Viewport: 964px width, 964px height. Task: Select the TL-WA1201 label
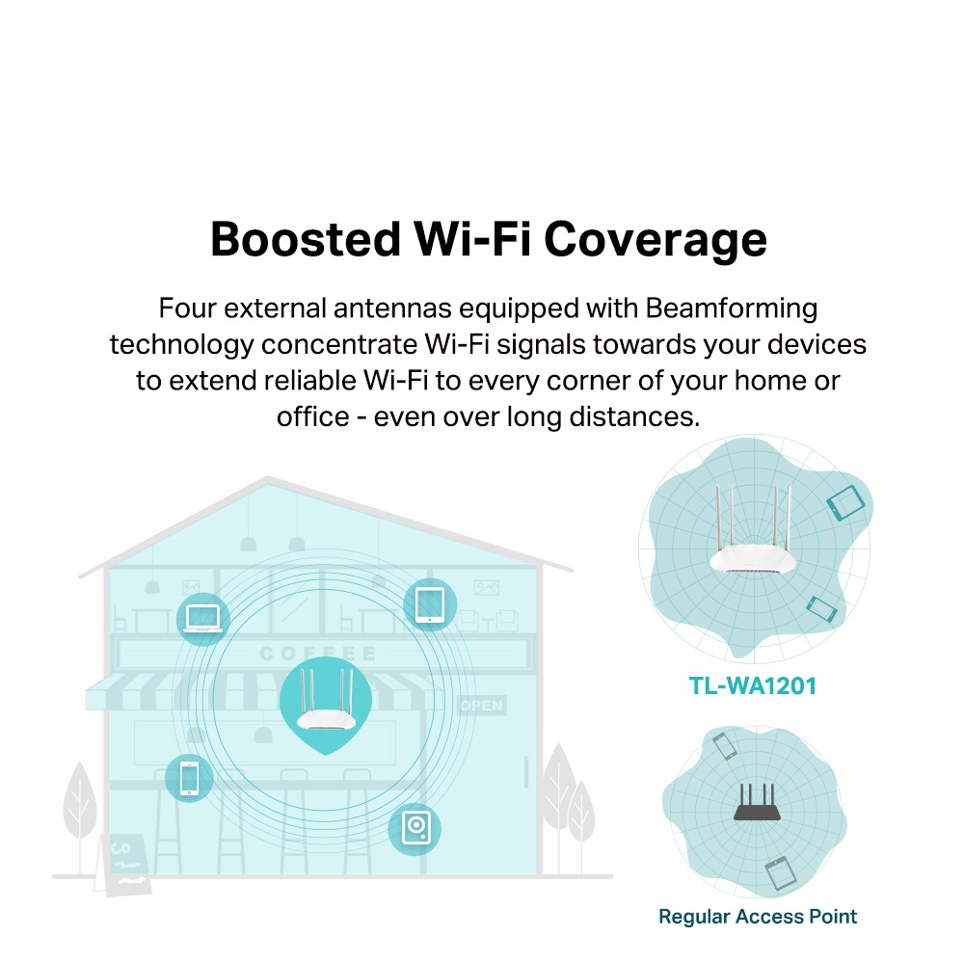[x=753, y=686]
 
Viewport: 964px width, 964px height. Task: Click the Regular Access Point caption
[x=758, y=916]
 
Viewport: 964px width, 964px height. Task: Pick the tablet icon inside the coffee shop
[x=428, y=603]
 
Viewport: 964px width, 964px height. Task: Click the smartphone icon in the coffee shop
[x=189, y=776]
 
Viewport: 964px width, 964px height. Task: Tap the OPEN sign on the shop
[x=481, y=707]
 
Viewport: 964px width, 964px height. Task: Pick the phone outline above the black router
[x=724, y=746]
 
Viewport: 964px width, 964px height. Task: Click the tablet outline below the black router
[x=779, y=873]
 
